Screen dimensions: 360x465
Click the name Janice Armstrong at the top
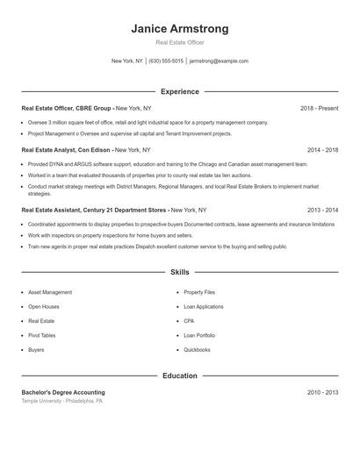click(180, 29)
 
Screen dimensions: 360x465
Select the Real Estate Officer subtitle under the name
click(180, 42)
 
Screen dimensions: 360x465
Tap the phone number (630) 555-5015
click(166, 61)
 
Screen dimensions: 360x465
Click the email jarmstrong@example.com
click(219, 61)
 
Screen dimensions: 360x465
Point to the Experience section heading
click(180, 91)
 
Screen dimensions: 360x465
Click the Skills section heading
click(180, 273)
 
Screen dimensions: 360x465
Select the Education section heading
click(180, 376)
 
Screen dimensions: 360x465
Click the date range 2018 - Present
click(319, 108)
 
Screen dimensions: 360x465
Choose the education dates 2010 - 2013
click(322, 392)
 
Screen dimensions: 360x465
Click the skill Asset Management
click(50, 292)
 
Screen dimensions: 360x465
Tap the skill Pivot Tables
click(41, 335)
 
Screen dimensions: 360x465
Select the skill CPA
click(189, 321)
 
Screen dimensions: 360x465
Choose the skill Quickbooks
click(197, 350)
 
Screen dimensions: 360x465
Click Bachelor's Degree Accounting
click(63, 392)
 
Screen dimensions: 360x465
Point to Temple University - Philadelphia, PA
click(62, 401)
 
